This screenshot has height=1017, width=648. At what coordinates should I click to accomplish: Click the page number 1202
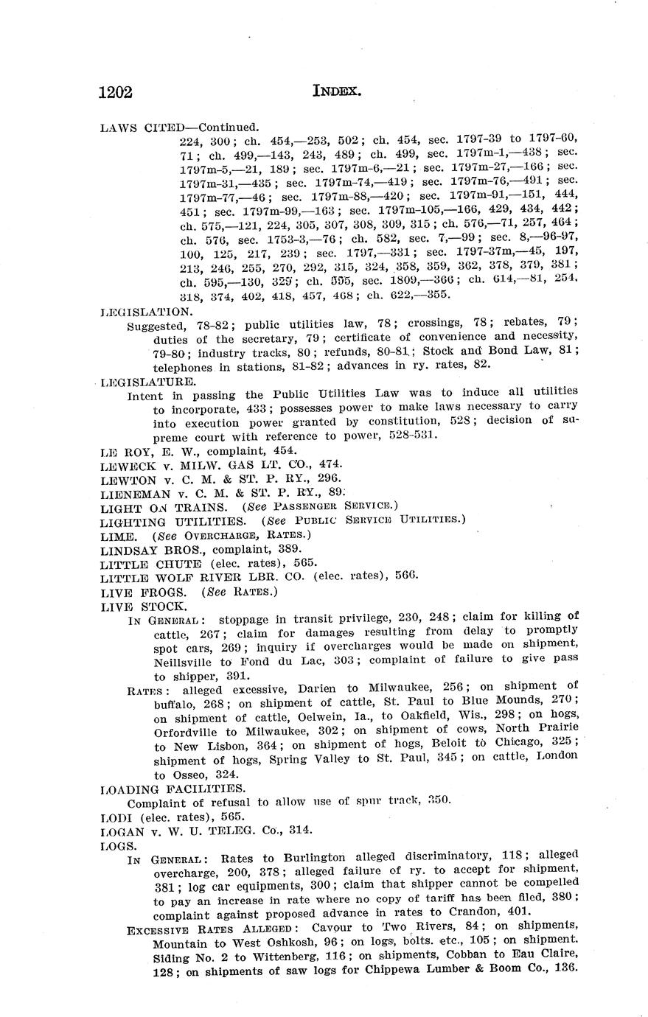(x=116, y=91)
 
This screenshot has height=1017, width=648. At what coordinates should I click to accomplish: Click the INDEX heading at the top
(x=336, y=91)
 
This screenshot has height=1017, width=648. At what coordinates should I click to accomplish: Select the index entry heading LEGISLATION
(x=145, y=312)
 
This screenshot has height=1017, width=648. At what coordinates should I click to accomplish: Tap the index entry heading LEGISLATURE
(x=147, y=382)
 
